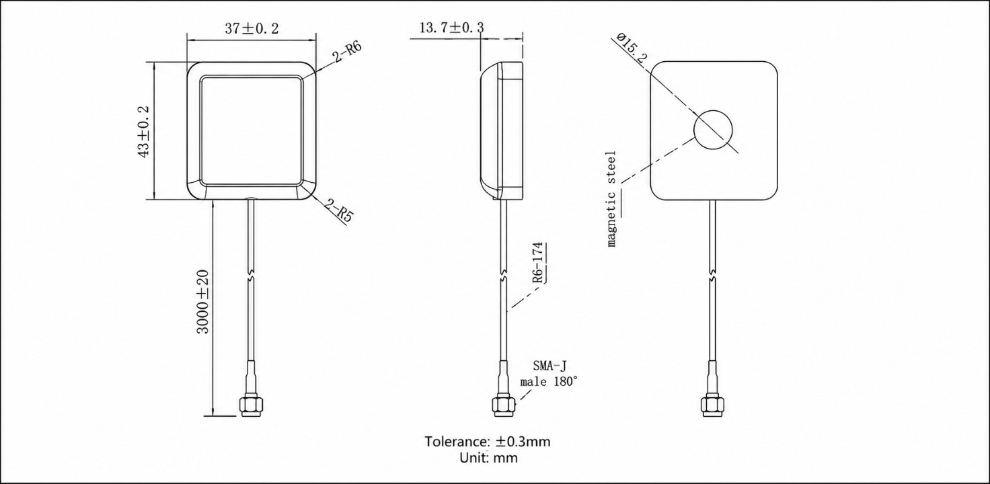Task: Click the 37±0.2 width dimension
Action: [252, 29]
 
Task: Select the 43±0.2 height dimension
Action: [144, 132]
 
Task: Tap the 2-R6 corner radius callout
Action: [348, 52]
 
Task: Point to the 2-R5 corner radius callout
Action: [340, 210]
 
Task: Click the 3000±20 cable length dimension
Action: [203, 302]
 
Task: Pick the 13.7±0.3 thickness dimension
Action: [451, 28]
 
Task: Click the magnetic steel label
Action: [611, 199]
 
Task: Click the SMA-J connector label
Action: [549, 366]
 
